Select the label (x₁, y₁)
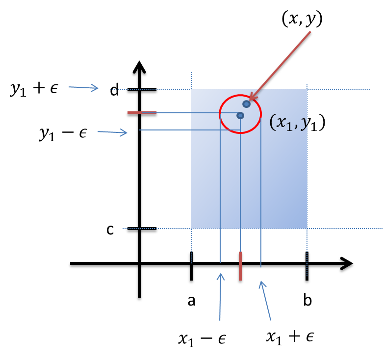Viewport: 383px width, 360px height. point(298,123)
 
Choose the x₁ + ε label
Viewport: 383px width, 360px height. point(289,336)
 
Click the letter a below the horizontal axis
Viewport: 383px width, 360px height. point(192,301)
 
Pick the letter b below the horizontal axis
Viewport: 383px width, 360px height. point(307,301)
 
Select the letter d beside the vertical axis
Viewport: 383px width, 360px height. point(114,91)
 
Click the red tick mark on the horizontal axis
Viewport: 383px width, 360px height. point(240,267)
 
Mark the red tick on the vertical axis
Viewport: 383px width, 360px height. point(142,114)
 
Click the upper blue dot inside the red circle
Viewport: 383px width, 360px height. point(246,104)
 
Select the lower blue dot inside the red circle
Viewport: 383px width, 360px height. point(240,115)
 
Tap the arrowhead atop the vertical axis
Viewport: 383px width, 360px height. point(140,68)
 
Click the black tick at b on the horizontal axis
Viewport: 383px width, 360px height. point(307,267)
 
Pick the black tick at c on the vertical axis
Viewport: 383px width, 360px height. point(142,230)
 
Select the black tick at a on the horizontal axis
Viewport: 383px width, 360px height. point(191,267)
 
